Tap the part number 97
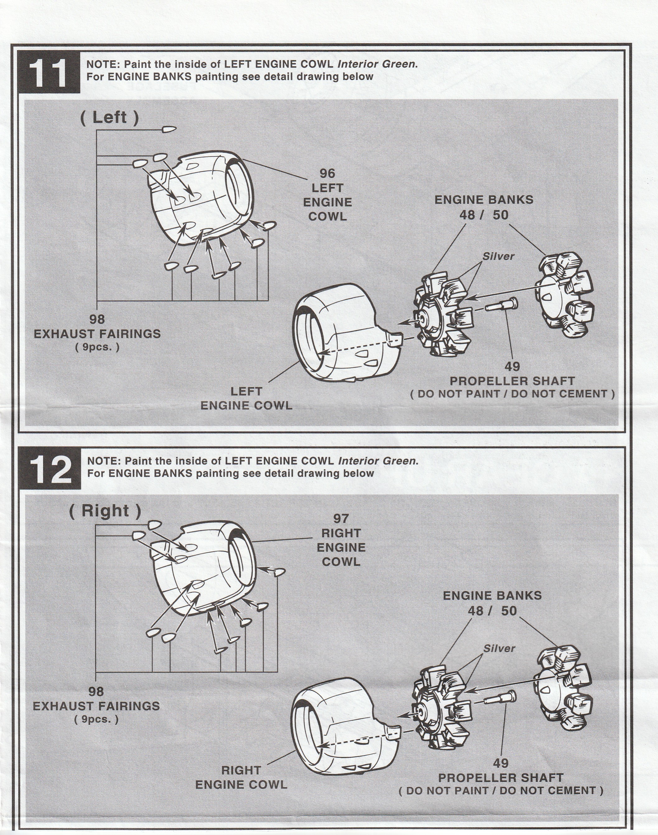click(341, 519)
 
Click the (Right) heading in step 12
click(105, 511)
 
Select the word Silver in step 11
click(498, 256)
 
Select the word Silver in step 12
click(499, 649)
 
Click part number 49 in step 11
click(512, 366)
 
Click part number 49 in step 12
click(501, 763)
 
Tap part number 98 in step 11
click(97, 319)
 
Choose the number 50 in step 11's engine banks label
click(501, 215)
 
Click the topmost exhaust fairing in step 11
click(169, 129)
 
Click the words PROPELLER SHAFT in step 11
click(512, 381)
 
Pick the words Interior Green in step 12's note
click(378, 461)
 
